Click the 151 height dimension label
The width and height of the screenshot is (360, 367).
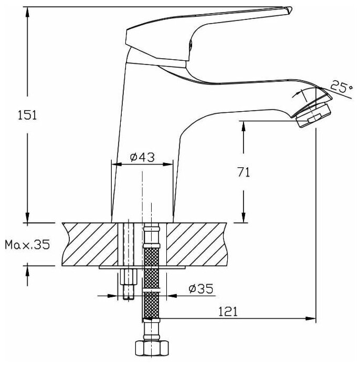27,115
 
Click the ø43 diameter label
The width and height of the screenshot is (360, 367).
142,157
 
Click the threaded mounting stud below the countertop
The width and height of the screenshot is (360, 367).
128,284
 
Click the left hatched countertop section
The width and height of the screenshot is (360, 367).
89,243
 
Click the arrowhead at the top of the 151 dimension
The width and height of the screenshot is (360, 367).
28,10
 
